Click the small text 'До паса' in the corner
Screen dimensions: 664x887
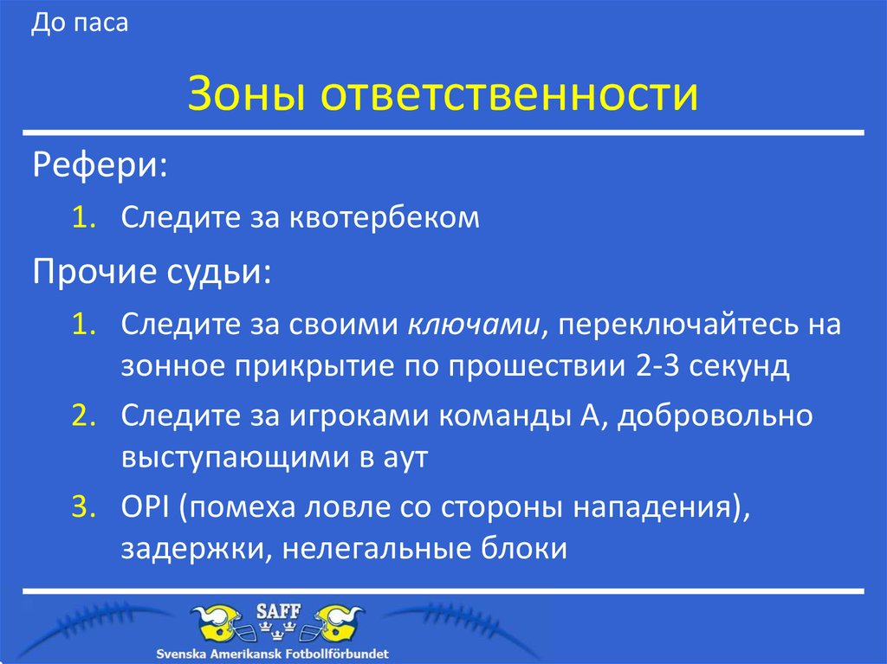click(80, 23)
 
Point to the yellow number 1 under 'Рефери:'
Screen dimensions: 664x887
click(83, 217)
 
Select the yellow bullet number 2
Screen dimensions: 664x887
click(83, 415)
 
